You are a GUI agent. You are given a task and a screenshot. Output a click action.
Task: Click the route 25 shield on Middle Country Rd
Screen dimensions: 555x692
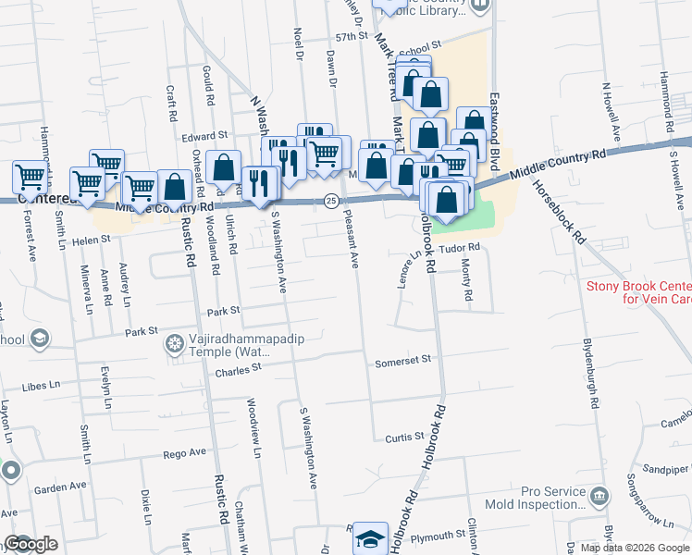pos(330,200)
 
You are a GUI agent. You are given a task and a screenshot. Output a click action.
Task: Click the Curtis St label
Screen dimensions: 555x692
pos(404,435)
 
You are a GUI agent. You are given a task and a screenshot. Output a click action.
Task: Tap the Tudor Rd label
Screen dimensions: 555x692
pos(460,248)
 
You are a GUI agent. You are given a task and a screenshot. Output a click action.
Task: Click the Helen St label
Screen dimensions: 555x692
pos(92,239)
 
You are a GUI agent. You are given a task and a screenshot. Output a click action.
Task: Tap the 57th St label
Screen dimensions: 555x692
pos(352,36)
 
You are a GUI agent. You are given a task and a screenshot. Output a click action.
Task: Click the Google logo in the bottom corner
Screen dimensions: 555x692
pos(31,545)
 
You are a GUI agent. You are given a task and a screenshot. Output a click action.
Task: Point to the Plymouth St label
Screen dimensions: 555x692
pos(438,536)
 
